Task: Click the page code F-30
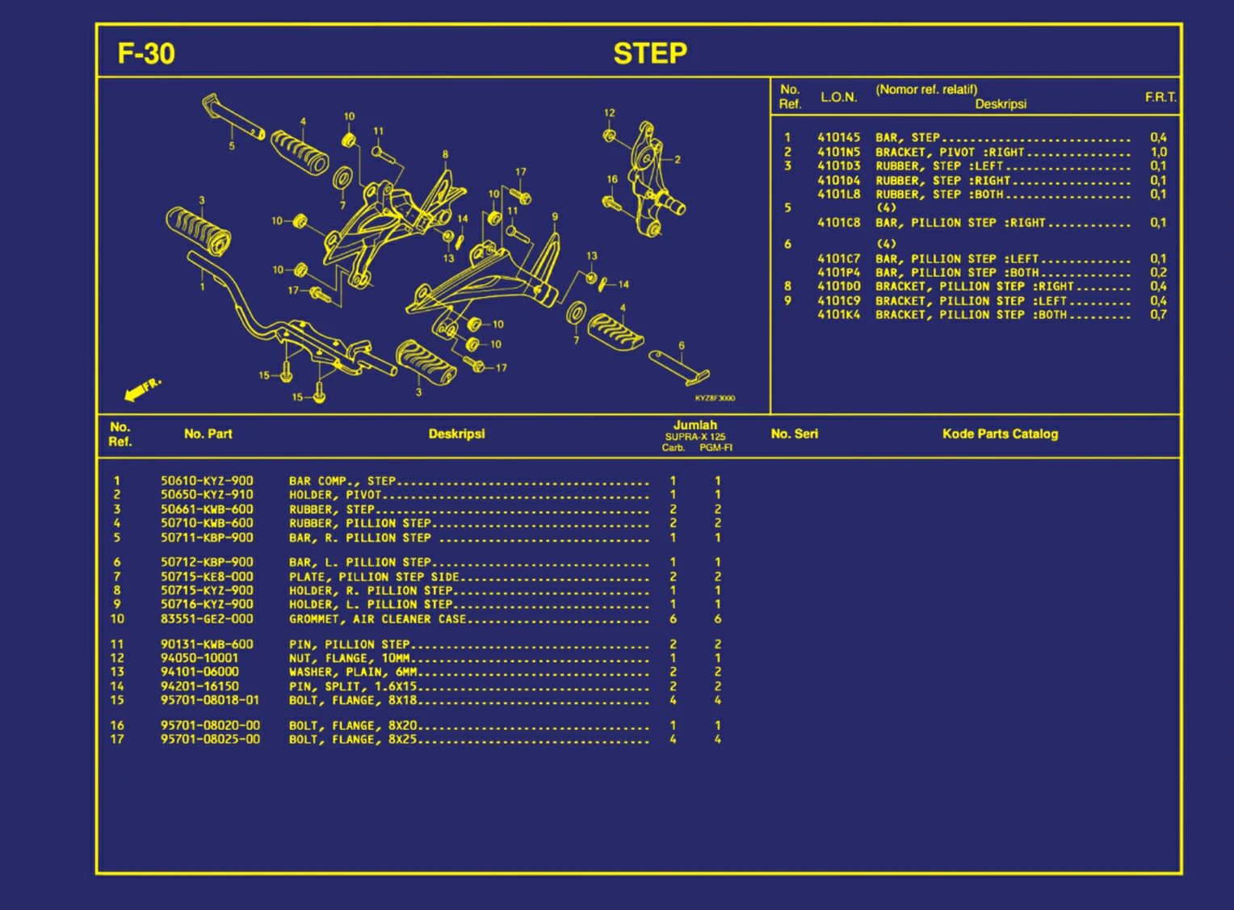(146, 54)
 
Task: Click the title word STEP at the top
(650, 54)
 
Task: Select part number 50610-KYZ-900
(207, 481)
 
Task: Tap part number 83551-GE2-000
(207, 619)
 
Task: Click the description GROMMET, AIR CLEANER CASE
(377, 619)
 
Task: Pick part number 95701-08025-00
(210, 740)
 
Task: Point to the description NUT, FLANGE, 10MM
(350, 658)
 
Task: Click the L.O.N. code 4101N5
(838, 152)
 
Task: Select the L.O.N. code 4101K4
(838, 315)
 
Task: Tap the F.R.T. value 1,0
(1159, 152)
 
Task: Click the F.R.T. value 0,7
(1159, 315)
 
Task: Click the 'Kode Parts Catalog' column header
(1000, 434)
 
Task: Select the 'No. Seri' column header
(795, 434)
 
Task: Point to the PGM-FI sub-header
(716, 448)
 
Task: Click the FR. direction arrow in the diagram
(143, 389)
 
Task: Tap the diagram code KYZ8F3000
(715, 398)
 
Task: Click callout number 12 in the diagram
(609, 113)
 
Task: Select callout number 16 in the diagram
(612, 179)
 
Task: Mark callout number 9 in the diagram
(555, 217)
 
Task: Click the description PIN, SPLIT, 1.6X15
(353, 686)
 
